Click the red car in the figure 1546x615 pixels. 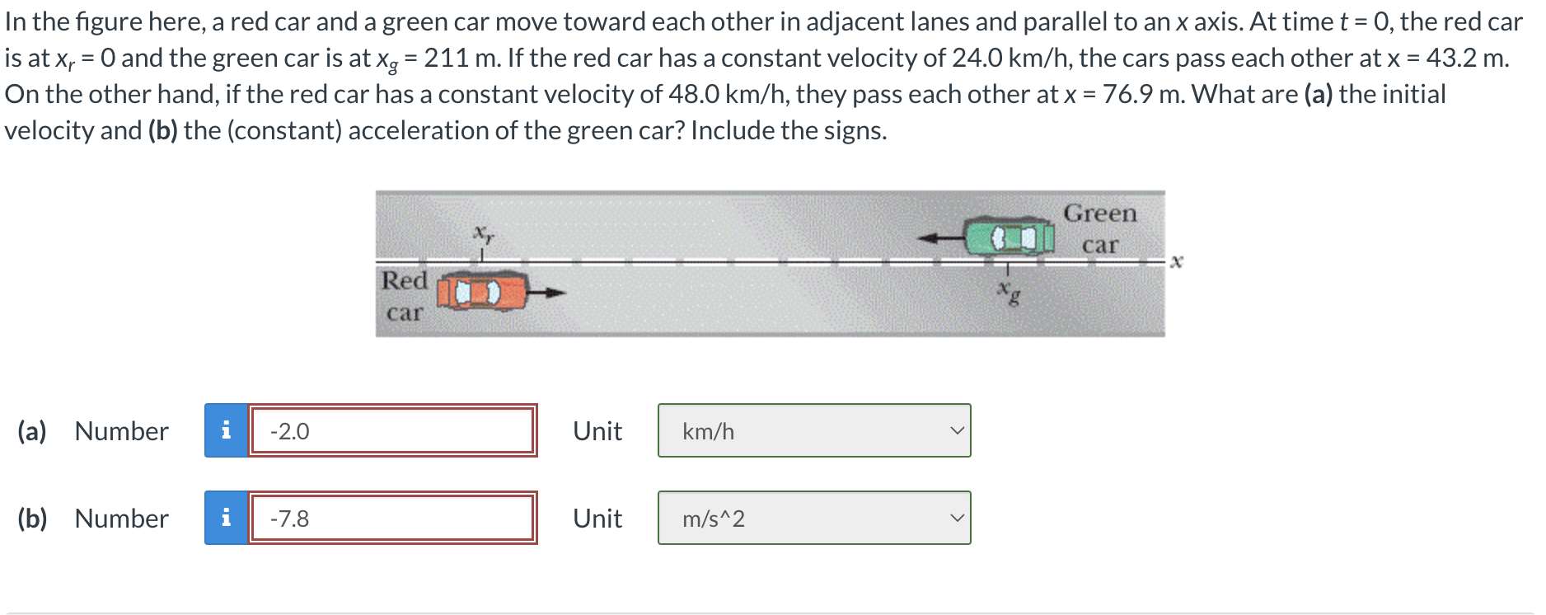tap(480, 293)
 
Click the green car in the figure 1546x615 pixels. tap(1010, 237)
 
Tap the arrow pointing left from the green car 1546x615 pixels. tap(941, 238)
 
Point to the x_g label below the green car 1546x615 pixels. tap(1007, 291)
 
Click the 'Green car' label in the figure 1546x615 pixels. tap(1099, 228)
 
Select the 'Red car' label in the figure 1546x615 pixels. tap(404, 296)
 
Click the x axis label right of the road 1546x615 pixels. tap(1176, 261)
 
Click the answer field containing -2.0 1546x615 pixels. tap(392, 430)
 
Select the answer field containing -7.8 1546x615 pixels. tap(392, 518)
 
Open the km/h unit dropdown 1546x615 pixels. tap(813, 430)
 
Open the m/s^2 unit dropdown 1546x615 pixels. tap(813, 518)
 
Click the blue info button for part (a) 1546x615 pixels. tap(226, 430)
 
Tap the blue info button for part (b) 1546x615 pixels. tap(226, 518)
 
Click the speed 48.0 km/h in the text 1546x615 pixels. tap(727, 94)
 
